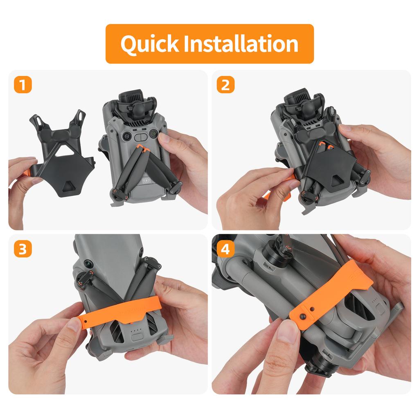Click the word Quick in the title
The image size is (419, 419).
(150, 44)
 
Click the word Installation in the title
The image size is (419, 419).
(241, 44)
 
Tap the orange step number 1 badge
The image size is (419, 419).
(23, 85)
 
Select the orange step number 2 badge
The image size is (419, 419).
(225, 85)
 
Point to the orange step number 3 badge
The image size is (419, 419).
(23, 249)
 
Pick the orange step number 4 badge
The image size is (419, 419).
(225, 249)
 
